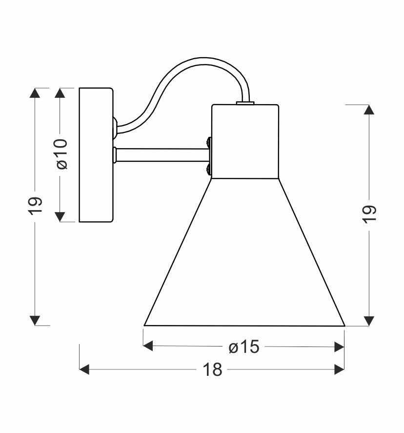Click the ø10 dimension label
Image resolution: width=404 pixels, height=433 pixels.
click(x=62, y=154)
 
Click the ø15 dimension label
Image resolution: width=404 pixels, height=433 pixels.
click(x=244, y=347)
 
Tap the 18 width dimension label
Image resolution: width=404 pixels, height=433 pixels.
click(x=212, y=369)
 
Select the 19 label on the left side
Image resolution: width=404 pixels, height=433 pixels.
click(x=35, y=206)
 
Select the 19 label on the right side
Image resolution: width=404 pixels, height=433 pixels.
click(x=369, y=214)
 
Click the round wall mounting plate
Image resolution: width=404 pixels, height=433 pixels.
click(x=96, y=155)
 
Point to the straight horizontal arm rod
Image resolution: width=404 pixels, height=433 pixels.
click(x=162, y=155)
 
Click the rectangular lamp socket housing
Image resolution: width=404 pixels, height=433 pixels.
click(x=245, y=141)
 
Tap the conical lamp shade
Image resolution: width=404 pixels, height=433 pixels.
click(x=244, y=252)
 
